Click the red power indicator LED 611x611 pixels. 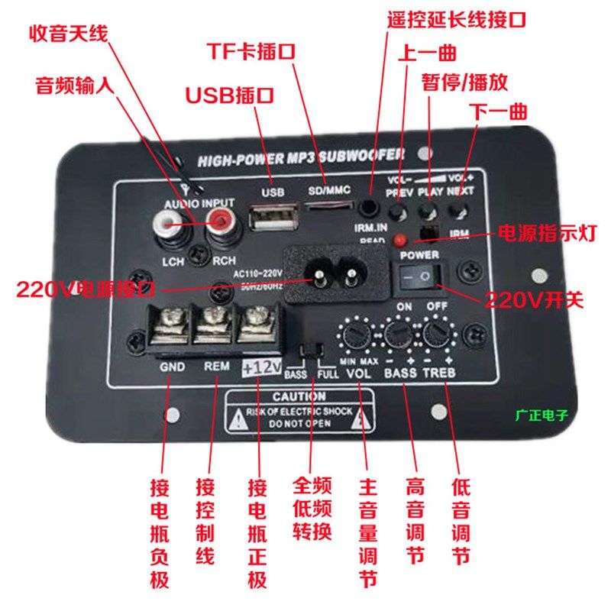(x=398, y=241)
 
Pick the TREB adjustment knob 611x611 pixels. (x=438, y=335)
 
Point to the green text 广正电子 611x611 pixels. (x=542, y=417)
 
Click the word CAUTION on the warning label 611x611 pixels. (x=299, y=396)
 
